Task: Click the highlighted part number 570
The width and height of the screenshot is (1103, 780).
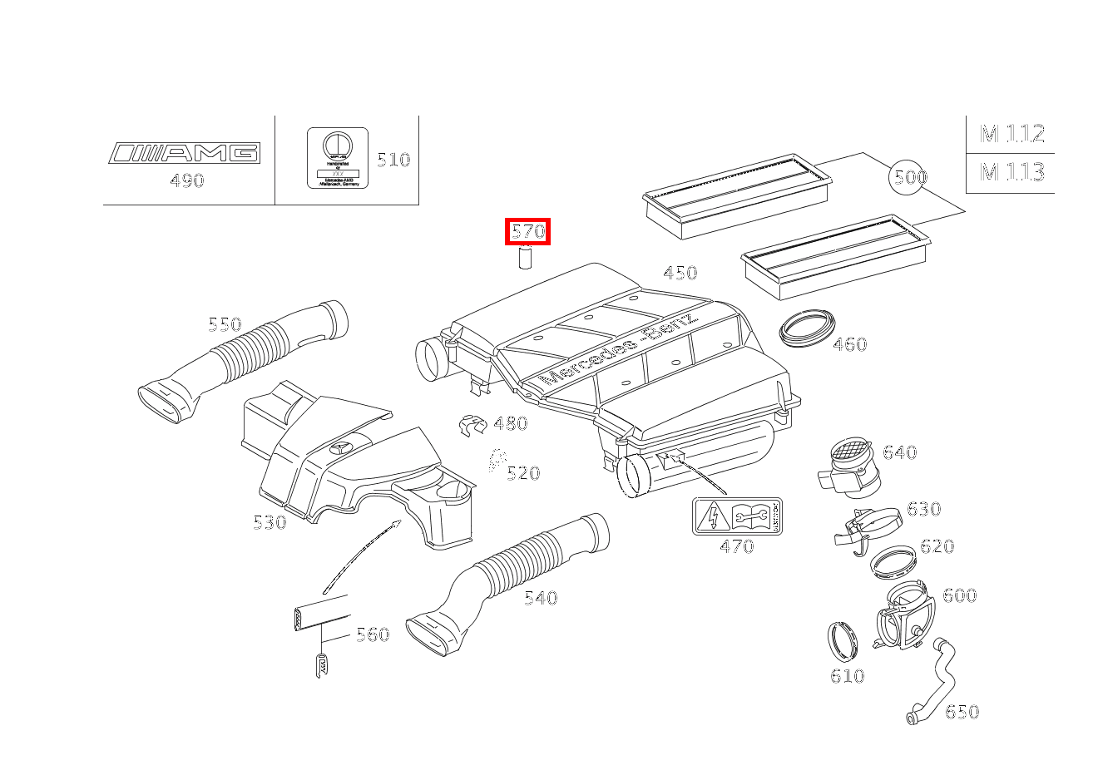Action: pyautogui.click(x=528, y=231)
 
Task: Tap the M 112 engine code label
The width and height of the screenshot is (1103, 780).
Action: pyautogui.click(x=1011, y=133)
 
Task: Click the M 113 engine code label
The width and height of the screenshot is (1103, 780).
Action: pyautogui.click(x=1011, y=172)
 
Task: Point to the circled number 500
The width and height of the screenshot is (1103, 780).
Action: pyautogui.click(x=908, y=176)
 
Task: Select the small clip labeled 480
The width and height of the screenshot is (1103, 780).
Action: pyautogui.click(x=472, y=425)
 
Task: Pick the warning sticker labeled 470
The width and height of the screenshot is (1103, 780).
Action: pyautogui.click(x=737, y=517)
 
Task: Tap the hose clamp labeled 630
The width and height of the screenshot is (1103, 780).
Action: pyautogui.click(x=867, y=526)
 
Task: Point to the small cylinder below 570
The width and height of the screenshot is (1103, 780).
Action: pyautogui.click(x=525, y=259)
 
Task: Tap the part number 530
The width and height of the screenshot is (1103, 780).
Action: pyautogui.click(x=270, y=522)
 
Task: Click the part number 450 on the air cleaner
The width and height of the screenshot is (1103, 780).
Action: pyautogui.click(x=680, y=273)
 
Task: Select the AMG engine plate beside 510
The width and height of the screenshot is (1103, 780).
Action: pyautogui.click(x=338, y=157)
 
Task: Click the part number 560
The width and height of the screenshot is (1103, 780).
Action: pyautogui.click(x=372, y=634)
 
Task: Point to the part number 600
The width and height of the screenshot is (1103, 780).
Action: pyautogui.click(x=959, y=595)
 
